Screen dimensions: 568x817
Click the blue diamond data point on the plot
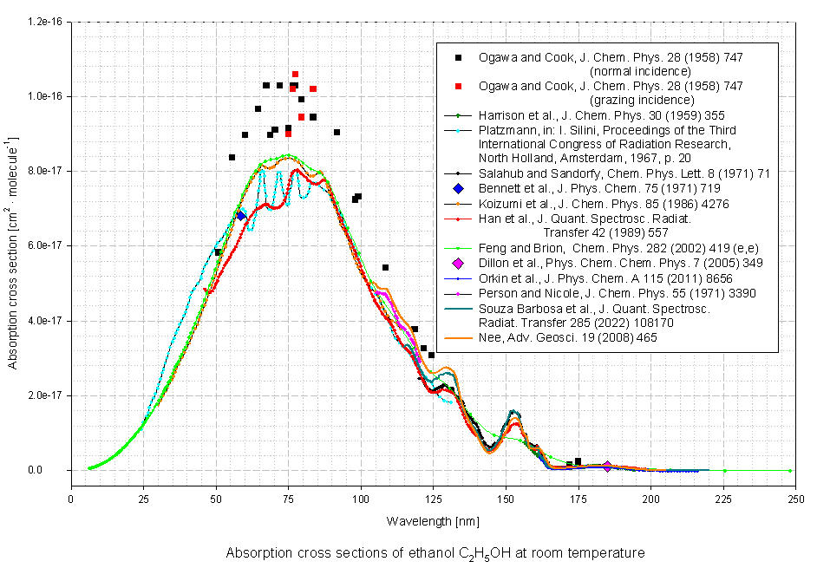click(241, 216)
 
